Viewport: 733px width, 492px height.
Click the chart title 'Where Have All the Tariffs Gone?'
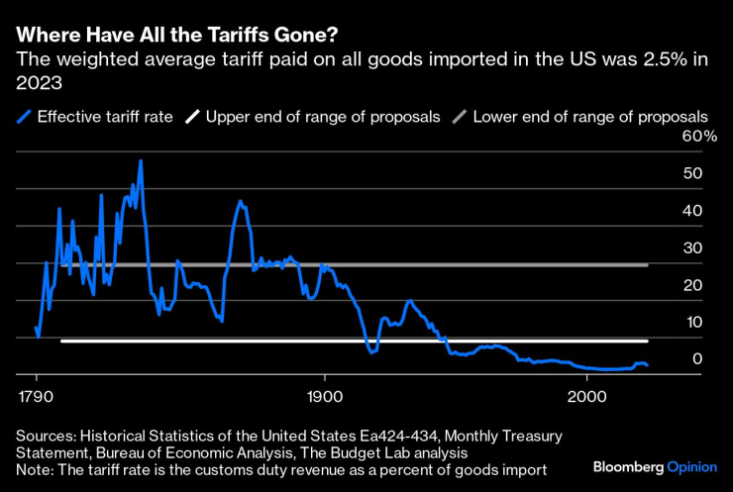(x=176, y=35)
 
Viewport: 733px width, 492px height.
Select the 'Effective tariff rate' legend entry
(x=105, y=117)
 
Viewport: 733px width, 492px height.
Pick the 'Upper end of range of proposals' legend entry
(x=323, y=117)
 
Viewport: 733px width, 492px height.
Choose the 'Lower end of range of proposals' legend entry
(x=590, y=117)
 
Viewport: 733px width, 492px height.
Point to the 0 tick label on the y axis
(x=698, y=359)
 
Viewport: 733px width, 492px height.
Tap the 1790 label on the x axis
(x=36, y=395)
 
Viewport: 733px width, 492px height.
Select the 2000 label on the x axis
(x=586, y=395)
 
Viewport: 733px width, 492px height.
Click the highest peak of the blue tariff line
(x=141, y=160)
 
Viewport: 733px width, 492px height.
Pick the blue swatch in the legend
(x=24, y=117)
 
